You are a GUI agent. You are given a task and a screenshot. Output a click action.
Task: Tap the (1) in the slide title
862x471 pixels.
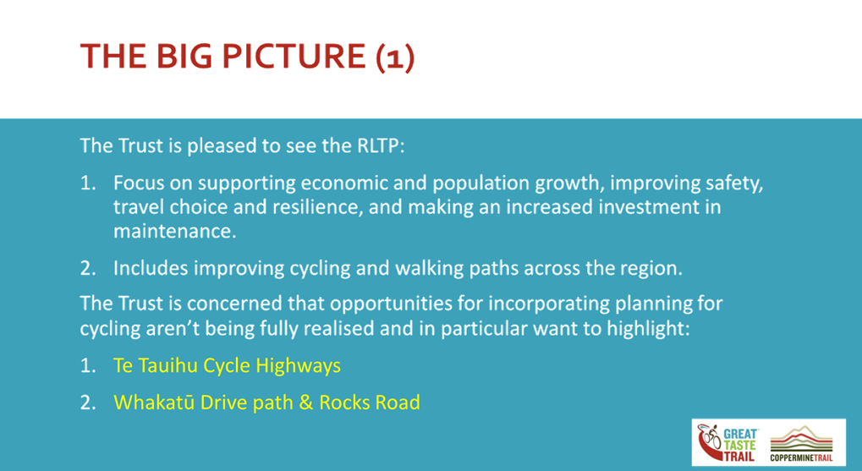[395, 58]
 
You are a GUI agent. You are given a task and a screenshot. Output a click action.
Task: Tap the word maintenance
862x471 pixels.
[175, 232]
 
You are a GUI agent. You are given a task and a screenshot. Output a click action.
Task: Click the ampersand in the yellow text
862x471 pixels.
[306, 403]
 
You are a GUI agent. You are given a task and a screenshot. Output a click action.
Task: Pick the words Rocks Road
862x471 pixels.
[370, 403]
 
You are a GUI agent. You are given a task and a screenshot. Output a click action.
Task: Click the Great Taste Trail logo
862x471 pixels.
[727, 443]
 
